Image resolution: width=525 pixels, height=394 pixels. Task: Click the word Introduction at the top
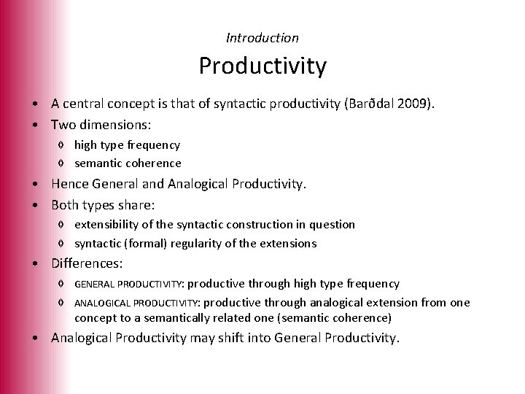click(262, 37)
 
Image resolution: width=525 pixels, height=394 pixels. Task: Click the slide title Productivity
click(262, 66)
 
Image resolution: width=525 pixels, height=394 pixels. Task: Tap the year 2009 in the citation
click(413, 104)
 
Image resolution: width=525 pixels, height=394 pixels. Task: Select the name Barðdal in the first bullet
click(369, 104)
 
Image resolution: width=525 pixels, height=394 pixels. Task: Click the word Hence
click(70, 185)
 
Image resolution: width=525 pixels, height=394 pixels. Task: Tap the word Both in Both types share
click(66, 205)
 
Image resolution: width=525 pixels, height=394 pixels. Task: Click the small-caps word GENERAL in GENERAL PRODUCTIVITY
click(96, 284)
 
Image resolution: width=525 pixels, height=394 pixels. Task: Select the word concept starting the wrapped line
click(96, 318)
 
